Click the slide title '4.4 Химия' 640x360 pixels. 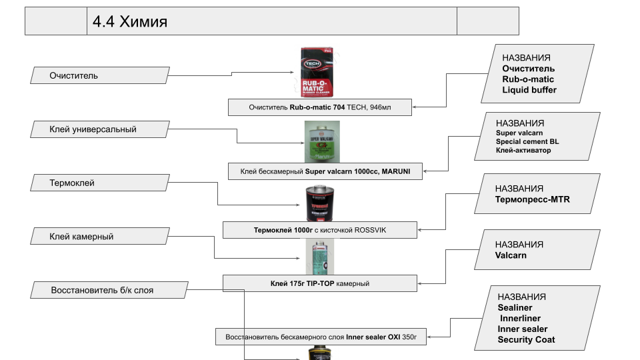tap(130, 22)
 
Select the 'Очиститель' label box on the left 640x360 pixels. tap(73, 76)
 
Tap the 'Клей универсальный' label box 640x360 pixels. tap(93, 129)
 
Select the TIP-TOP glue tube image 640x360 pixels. tap(320, 257)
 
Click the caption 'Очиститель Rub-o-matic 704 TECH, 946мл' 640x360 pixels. tap(320, 107)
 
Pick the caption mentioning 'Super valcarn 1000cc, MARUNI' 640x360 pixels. tap(325, 171)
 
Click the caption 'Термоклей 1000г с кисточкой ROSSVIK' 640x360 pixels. tap(320, 230)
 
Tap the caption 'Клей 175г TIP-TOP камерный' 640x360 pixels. tap(320, 283)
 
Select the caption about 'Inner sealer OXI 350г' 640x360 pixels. tap(321, 337)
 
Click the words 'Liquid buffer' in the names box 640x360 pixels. tap(529, 90)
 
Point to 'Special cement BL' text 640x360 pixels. tap(527, 142)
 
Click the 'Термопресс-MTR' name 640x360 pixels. tap(532, 199)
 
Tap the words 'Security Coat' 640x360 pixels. tap(526, 339)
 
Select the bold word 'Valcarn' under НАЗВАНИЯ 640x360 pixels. tap(511, 255)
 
